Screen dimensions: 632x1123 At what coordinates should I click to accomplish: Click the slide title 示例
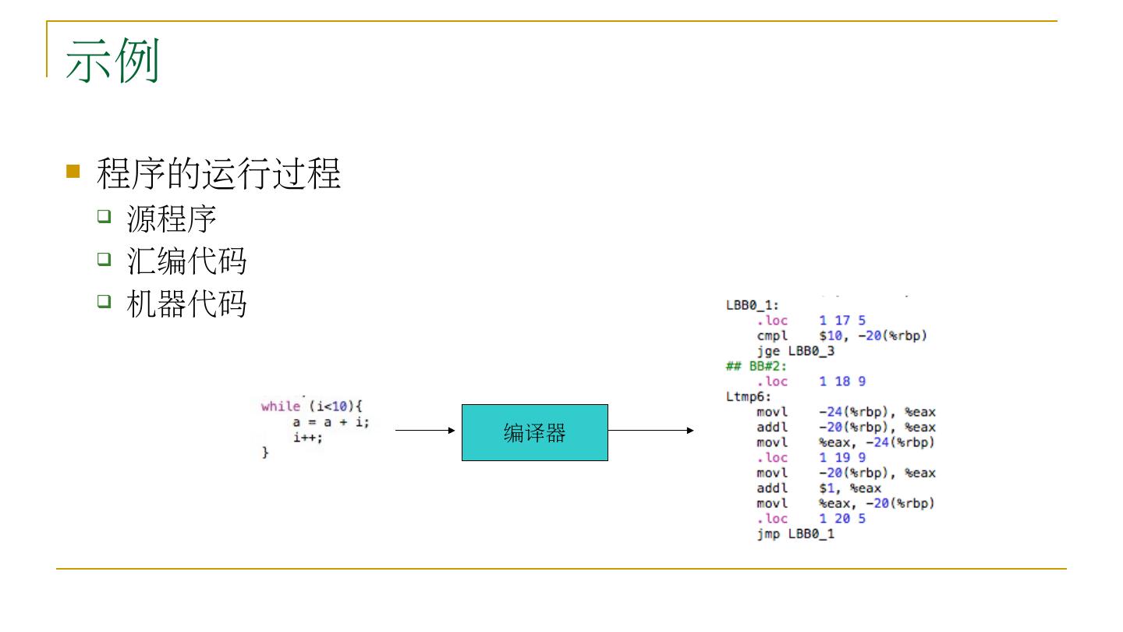click(x=112, y=61)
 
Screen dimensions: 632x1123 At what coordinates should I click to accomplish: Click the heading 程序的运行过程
click(x=218, y=173)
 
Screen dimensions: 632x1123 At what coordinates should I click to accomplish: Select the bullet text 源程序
click(x=171, y=219)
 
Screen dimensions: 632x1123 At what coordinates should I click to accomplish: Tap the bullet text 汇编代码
click(x=186, y=261)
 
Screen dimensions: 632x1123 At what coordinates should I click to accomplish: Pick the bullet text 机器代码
click(x=186, y=304)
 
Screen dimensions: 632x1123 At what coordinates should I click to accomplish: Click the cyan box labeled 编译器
click(x=534, y=432)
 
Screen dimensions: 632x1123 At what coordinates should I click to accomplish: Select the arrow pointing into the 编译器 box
click(x=425, y=430)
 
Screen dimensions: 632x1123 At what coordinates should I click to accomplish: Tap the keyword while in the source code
click(x=280, y=407)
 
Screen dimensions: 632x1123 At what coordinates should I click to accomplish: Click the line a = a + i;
click(x=331, y=422)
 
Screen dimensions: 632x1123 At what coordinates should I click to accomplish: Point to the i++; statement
click(x=308, y=438)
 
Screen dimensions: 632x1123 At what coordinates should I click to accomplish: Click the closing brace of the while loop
click(x=265, y=453)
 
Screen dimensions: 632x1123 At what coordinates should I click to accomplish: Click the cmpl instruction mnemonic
click(x=772, y=336)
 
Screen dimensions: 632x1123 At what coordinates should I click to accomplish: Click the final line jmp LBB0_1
click(x=795, y=534)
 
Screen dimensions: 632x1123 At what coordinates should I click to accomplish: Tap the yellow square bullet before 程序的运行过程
click(x=73, y=171)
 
